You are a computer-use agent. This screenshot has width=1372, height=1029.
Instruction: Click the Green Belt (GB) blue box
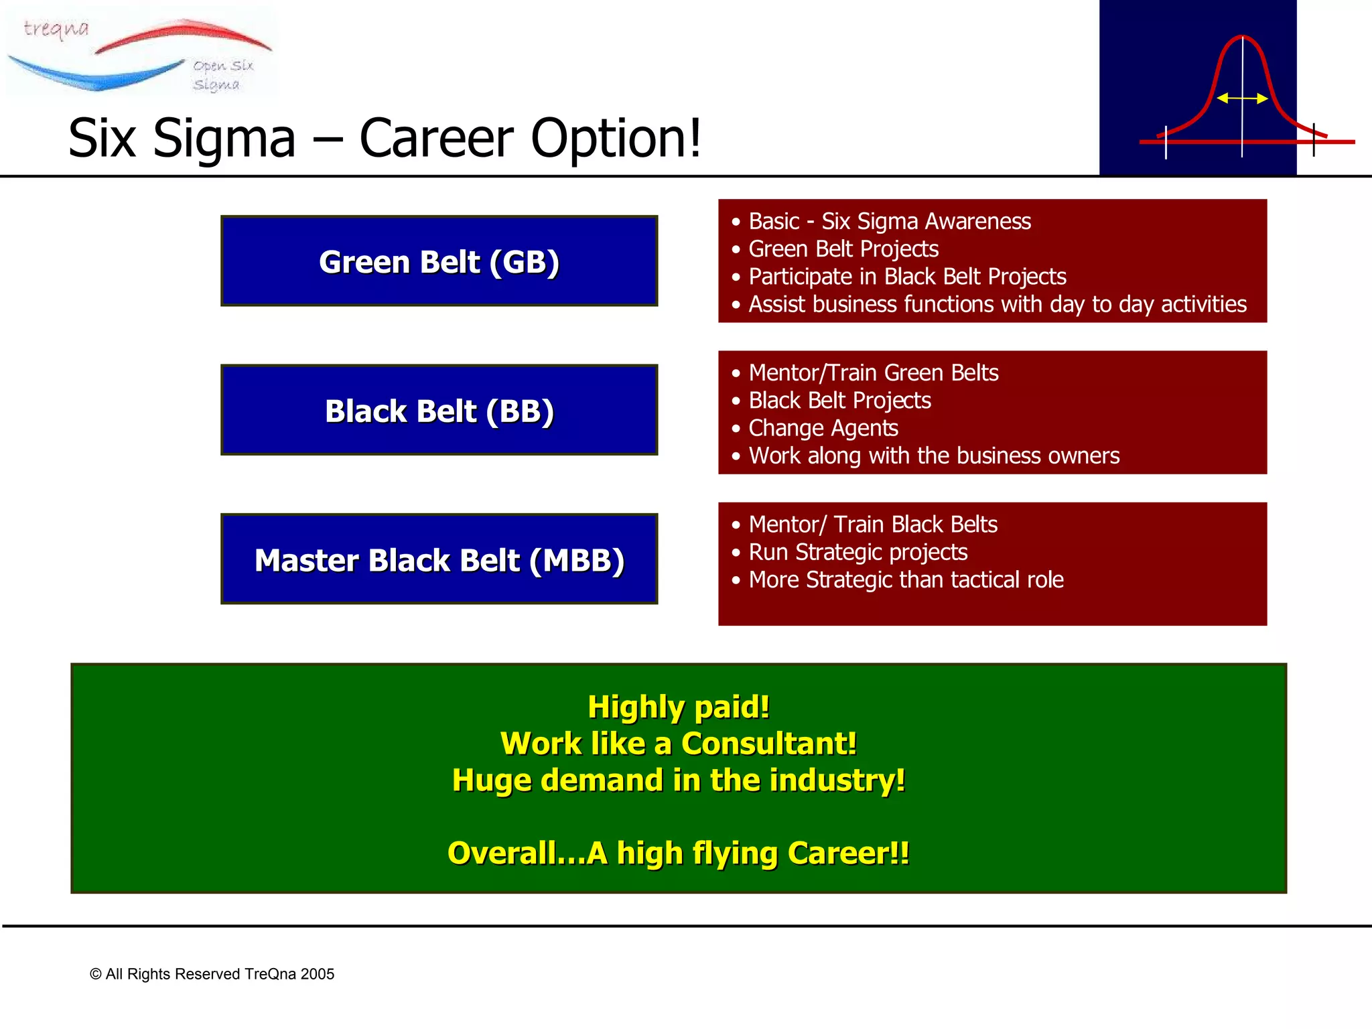(439, 261)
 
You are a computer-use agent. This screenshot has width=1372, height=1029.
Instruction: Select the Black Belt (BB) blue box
(439, 411)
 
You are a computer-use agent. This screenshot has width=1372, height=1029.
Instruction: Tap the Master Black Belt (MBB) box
(439, 560)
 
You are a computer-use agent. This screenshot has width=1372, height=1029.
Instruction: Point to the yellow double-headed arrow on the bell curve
(1241, 98)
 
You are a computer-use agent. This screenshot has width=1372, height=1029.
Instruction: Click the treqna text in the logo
(56, 29)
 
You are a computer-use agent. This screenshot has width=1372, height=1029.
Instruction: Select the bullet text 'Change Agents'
(823, 428)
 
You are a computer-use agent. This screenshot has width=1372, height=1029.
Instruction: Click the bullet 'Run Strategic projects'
(857, 552)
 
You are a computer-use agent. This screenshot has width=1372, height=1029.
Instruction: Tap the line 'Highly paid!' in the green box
(678, 707)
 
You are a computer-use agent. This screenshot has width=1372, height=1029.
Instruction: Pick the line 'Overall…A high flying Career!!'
(678, 853)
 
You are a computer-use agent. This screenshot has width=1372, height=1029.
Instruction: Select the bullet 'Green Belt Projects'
(843, 249)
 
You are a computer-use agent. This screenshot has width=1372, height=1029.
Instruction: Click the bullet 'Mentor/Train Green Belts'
(873, 372)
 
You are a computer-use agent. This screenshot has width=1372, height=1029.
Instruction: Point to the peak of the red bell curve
(1242, 37)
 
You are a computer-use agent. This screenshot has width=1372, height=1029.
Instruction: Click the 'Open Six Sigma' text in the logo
(222, 74)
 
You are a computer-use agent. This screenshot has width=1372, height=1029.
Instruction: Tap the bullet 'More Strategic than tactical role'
(906, 579)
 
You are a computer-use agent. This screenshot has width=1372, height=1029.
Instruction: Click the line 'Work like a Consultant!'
(678, 744)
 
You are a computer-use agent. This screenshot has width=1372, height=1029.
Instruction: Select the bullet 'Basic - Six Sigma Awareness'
(889, 221)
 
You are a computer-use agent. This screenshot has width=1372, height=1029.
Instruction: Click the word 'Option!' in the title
(616, 139)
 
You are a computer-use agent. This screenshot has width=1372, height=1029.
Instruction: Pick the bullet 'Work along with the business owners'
(933, 456)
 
